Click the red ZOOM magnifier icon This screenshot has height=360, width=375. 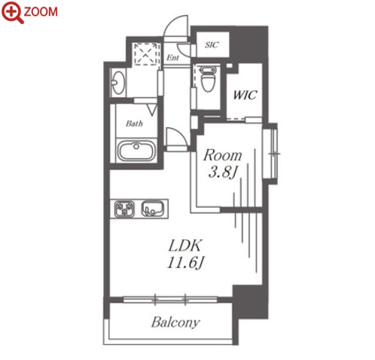[13, 13]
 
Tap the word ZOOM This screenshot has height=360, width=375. [41, 12]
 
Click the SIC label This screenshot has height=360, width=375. [212, 45]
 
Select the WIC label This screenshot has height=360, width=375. [245, 95]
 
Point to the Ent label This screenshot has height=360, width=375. [173, 58]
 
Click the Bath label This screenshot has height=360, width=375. [134, 124]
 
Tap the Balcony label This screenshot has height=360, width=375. [175, 322]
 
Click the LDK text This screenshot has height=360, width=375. [185, 246]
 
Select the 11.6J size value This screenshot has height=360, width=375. [184, 263]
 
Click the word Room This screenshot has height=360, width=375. [223, 155]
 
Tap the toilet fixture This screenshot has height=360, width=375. [209, 78]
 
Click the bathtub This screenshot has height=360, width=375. [136, 151]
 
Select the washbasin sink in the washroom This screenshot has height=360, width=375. [118, 82]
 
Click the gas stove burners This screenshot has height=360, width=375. [124, 209]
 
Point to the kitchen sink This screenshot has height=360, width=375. [152, 209]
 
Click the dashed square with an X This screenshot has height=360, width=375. [146, 54]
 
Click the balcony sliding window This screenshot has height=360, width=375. [170, 299]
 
